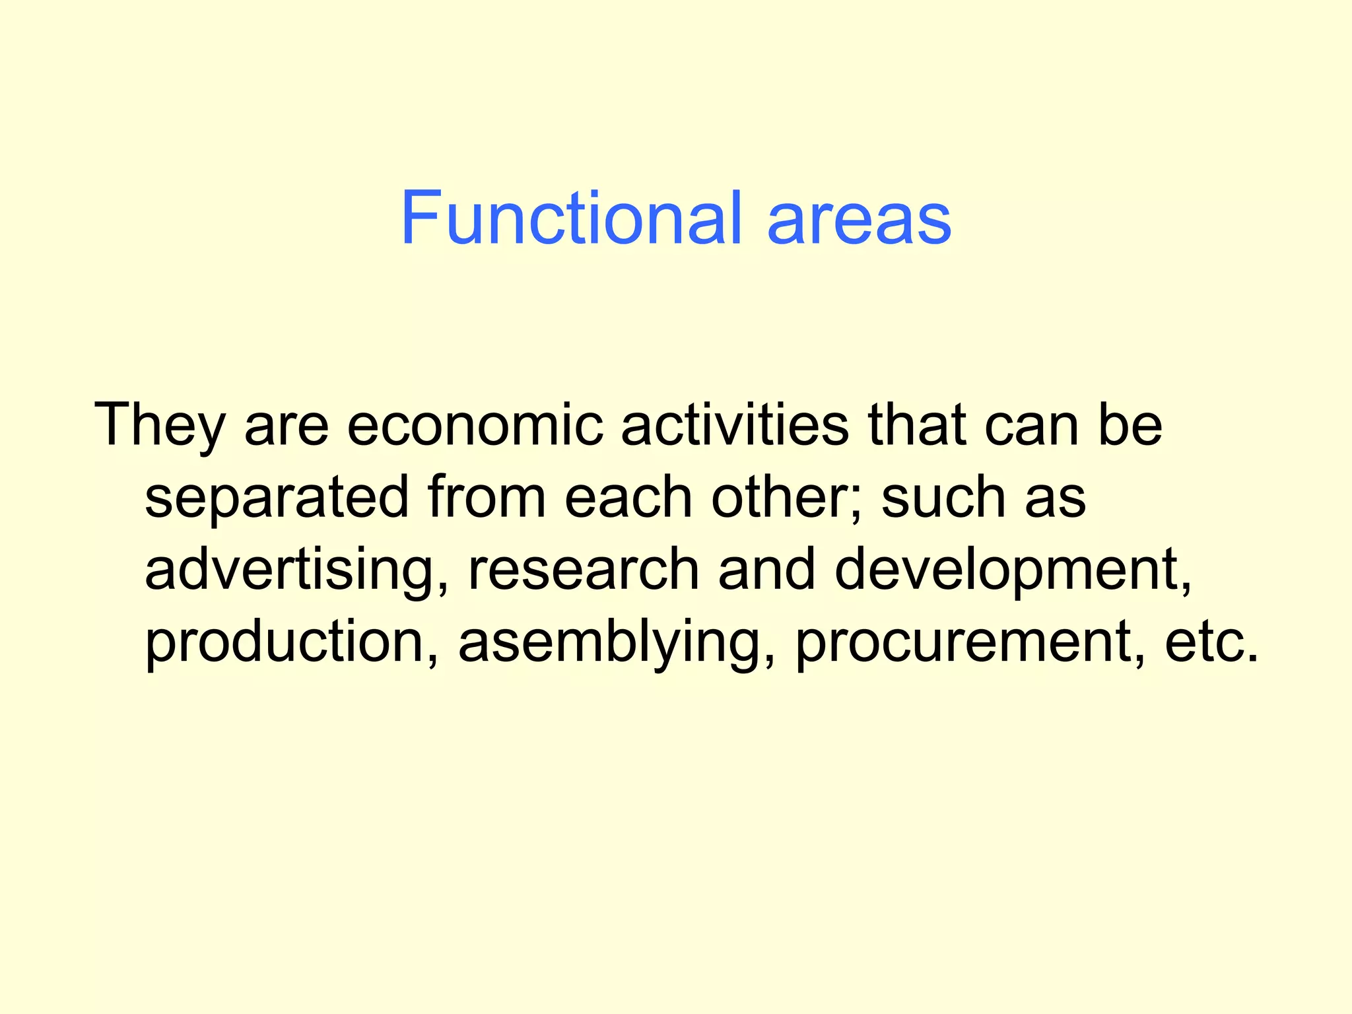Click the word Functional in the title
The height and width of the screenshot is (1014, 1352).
tap(571, 219)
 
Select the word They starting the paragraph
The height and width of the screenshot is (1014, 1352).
tap(160, 426)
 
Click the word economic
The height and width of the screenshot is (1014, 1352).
tap(475, 426)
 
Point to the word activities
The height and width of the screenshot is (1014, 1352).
tap(734, 426)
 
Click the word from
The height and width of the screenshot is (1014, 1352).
tap(487, 497)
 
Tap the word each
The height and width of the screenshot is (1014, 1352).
tap(628, 497)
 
